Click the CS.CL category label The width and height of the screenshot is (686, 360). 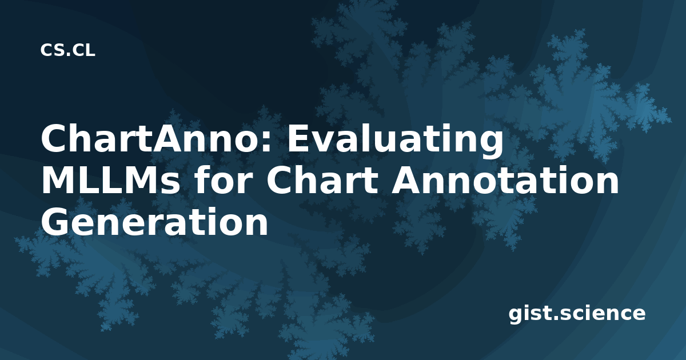tap(67, 50)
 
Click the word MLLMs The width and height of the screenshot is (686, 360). tap(110, 181)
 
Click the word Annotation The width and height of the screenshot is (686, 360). tap(505, 180)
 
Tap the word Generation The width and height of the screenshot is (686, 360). tap(155, 222)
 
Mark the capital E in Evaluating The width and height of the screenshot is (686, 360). tap(297, 138)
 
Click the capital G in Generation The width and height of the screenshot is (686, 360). tap(54, 222)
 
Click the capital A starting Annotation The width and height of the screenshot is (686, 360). tap(406, 180)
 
